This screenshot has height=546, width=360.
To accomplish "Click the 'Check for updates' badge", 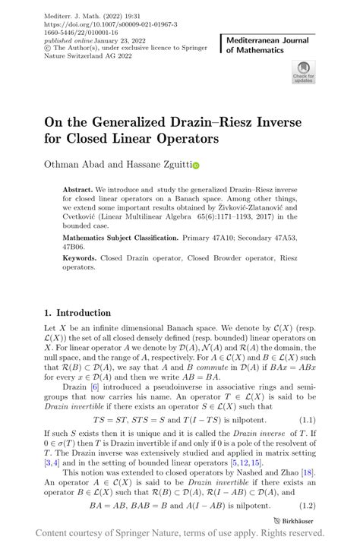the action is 302,74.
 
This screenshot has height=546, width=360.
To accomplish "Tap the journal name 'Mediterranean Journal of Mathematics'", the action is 267,45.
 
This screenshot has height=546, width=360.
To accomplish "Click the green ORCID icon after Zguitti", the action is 196,165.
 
